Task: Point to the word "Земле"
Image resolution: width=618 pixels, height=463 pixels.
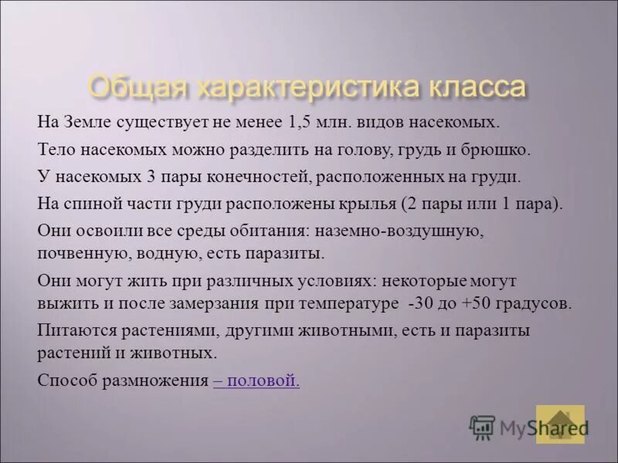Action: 90,122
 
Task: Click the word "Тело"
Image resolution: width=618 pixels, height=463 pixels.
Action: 53,149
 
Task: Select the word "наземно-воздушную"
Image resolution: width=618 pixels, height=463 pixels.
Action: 395,231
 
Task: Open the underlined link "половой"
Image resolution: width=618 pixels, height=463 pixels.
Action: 259,380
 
